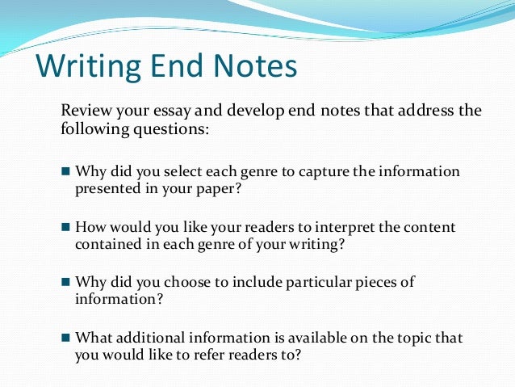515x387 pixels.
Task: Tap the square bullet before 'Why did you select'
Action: point(66,172)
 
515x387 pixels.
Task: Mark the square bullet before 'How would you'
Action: point(66,228)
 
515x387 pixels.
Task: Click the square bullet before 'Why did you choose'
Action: point(66,283)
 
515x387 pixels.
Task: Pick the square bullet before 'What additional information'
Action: point(66,338)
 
